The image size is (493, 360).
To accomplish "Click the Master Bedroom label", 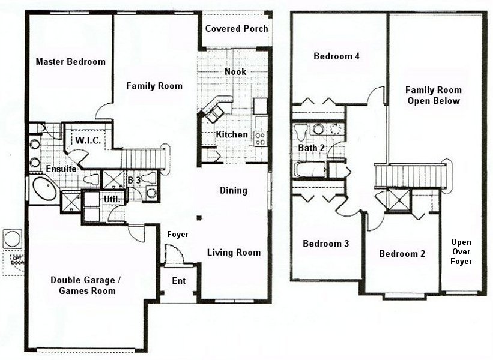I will (x=70, y=61).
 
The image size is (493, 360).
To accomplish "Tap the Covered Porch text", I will (x=237, y=29).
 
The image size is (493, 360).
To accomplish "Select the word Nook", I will (x=235, y=72).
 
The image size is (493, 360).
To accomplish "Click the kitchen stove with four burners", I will (x=261, y=139).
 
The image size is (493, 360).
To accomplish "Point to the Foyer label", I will (x=177, y=234).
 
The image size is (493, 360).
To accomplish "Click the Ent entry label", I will (x=178, y=281).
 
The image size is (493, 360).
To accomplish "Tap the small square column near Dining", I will (x=202, y=218).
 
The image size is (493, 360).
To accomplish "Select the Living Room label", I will (x=234, y=253).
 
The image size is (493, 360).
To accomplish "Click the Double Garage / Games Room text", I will (x=83, y=285).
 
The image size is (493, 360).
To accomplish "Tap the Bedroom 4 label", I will (x=336, y=56).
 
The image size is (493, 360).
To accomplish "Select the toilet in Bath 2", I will (x=301, y=130).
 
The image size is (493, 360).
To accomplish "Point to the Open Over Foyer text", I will (x=461, y=251).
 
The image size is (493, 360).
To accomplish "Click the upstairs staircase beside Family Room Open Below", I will (x=411, y=176).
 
